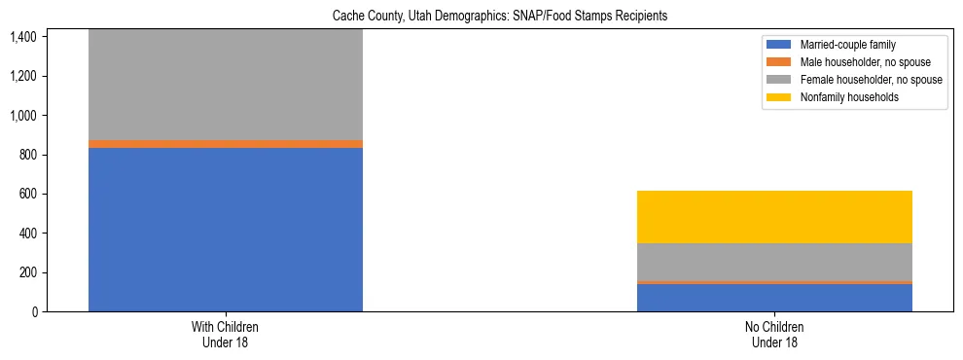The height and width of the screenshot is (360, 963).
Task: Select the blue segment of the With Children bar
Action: point(226,230)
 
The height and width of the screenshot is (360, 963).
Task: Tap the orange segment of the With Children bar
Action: point(226,144)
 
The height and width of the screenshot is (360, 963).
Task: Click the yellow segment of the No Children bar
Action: point(774,217)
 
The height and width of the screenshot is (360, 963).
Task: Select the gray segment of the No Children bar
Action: point(774,262)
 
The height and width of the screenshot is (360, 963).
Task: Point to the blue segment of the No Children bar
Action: point(774,298)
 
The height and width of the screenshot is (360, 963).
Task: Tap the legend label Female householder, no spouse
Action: point(871,80)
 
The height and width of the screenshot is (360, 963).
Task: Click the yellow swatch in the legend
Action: point(779,97)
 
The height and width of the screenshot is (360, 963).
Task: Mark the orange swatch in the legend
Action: point(779,62)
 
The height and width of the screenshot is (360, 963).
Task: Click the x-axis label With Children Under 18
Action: point(226,335)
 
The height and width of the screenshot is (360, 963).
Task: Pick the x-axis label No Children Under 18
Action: point(774,335)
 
